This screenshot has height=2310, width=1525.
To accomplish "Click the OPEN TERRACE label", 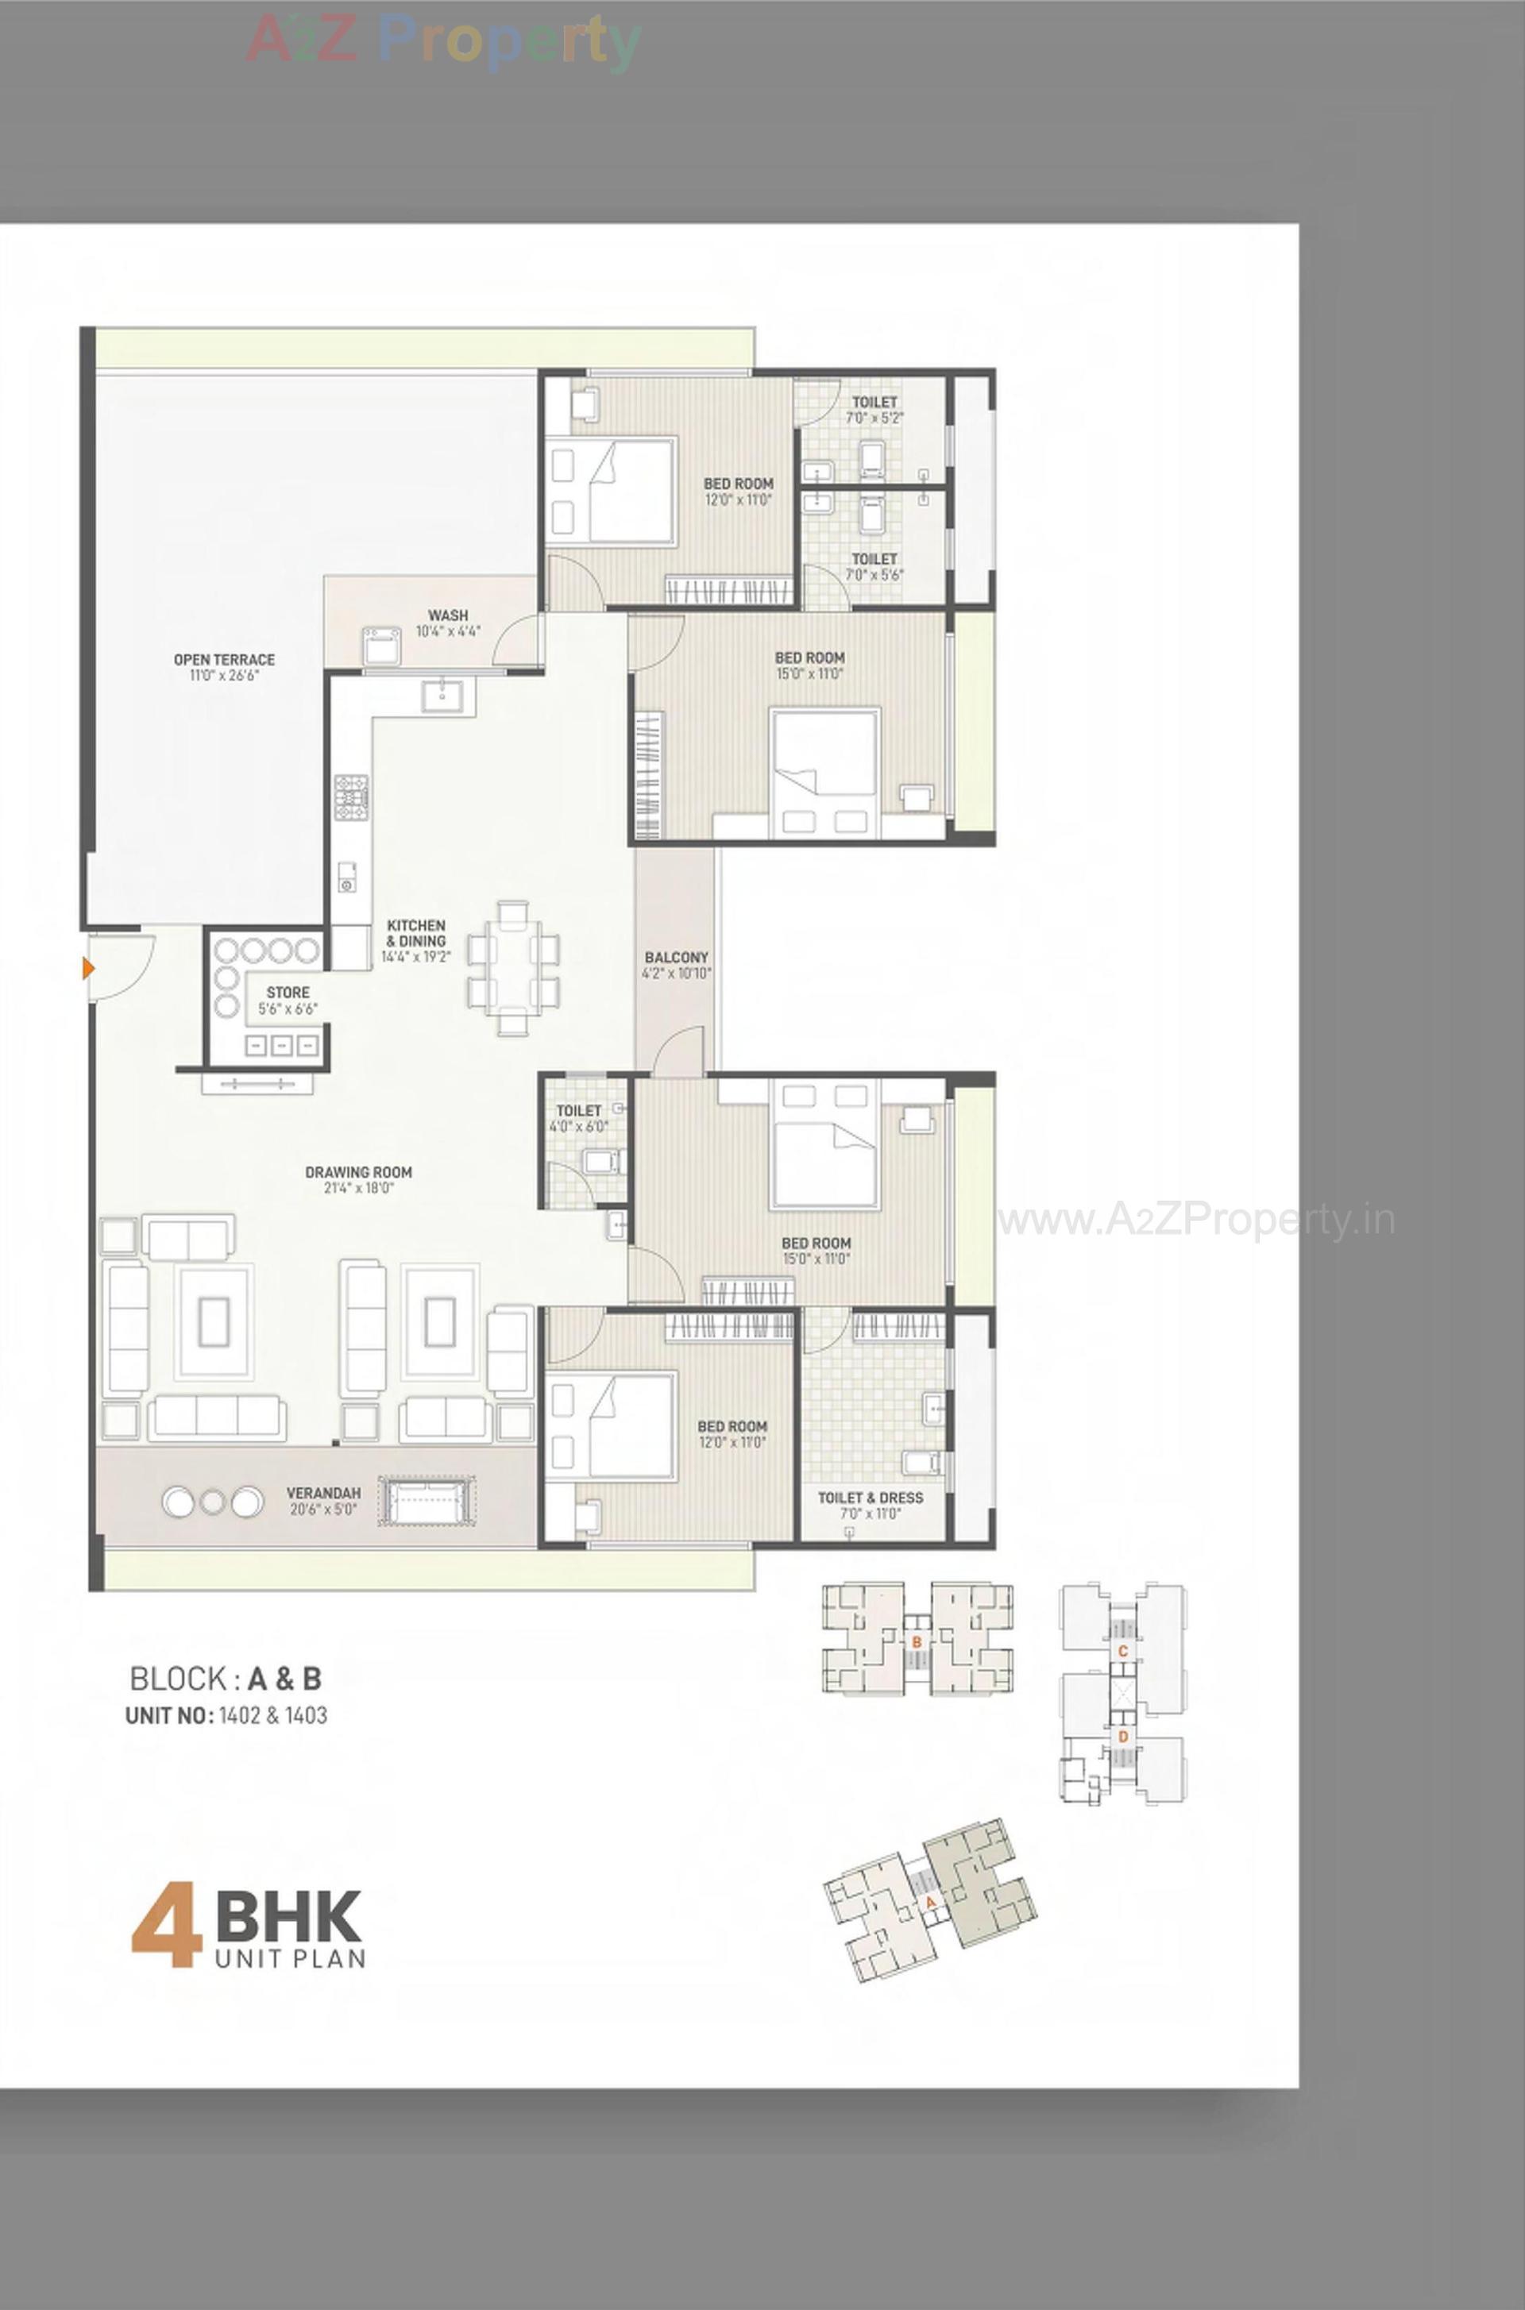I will (x=224, y=659).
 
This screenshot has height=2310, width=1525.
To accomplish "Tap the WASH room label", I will (x=447, y=615).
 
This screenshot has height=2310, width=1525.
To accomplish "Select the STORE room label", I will (x=288, y=992).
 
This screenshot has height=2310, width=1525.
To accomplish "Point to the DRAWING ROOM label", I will (x=358, y=1173).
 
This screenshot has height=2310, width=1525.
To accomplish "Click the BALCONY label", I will (x=676, y=957).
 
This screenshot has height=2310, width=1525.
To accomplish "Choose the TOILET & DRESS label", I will (x=870, y=1497).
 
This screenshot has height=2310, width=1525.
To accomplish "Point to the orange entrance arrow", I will (x=88, y=968).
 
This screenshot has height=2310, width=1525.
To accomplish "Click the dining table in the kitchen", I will (x=514, y=968).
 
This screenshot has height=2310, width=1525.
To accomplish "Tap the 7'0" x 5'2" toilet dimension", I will (x=874, y=418).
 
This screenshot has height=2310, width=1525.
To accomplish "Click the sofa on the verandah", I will (x=428, y=1503).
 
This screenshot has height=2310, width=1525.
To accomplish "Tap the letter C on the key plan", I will (x=1122, y=1652).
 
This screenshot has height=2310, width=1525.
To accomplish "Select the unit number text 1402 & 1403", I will (x=272, y=1716).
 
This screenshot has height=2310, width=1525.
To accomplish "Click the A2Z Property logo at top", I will (x=443, y=40).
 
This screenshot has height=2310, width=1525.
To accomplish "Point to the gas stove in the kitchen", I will (x=351, y=794).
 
